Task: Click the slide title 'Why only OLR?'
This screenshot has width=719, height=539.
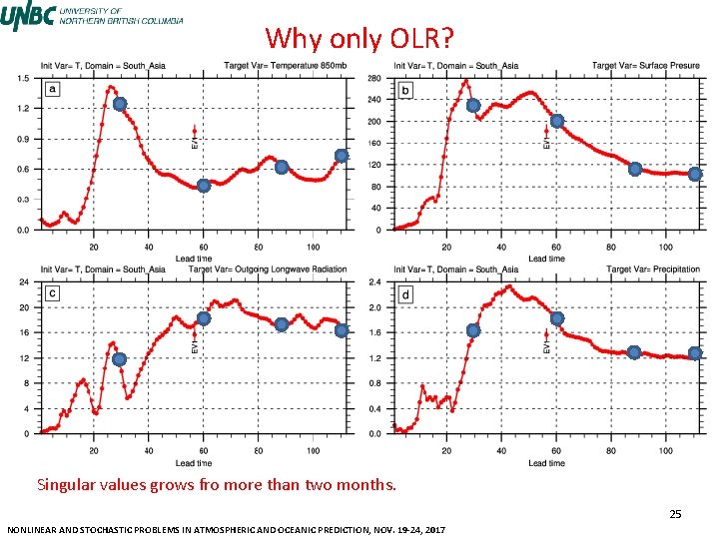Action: point(359,39)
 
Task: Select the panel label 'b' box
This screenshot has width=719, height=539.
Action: point(405,90)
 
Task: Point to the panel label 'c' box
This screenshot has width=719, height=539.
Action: point(53,294)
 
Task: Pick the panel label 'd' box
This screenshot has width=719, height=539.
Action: point(405,295)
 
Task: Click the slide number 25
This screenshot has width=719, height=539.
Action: point(675,514)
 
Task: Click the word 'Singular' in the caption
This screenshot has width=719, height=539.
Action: point(65,486)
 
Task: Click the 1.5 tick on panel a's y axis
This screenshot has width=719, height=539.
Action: point(21,78)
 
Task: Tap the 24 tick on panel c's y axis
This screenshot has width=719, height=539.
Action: point(23,282)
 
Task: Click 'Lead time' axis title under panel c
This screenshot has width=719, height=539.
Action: point(194,463)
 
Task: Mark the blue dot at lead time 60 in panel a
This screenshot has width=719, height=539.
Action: point(203,186)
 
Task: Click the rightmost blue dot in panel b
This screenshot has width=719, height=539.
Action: point(695,174)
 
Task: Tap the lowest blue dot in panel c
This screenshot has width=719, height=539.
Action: point(120,359)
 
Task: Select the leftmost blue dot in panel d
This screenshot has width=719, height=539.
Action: point(473,330)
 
